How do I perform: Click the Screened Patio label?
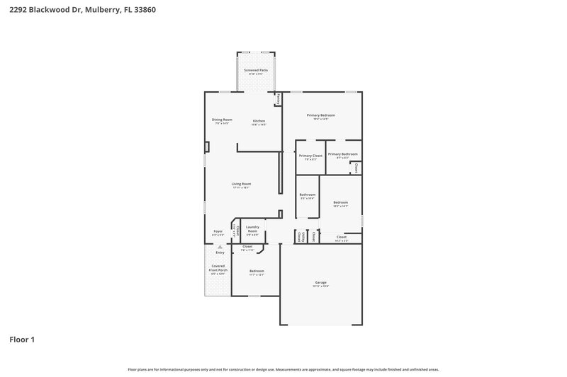click(x=256, y=71)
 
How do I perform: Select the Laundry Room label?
click(x=252, y=229)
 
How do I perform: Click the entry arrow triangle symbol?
click(x=220, y=246)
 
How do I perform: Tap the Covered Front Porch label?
click(x=218, y=269)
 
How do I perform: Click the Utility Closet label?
click(x=301, y=236)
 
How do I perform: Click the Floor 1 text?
click(x=22, y=340)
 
